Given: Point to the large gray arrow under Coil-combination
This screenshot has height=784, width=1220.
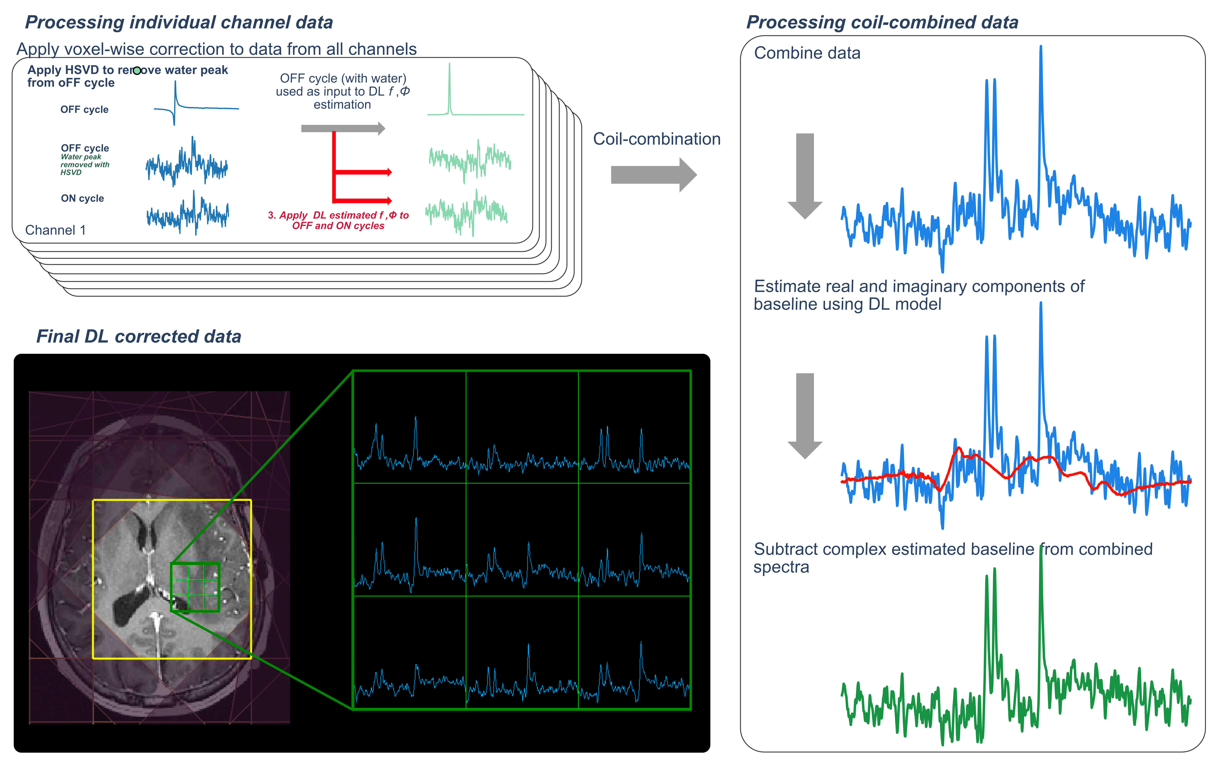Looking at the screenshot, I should click(x=653, y=175).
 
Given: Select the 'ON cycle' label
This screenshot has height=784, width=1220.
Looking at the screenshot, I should click(x=82, y=199).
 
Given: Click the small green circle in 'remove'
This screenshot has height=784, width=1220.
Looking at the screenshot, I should click(x=137, y=71).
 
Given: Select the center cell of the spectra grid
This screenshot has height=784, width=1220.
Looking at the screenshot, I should click(x=522, y=540).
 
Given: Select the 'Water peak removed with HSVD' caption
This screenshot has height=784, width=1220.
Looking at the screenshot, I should click(x=85, y=164).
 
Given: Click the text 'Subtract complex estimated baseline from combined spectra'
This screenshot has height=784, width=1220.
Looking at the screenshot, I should click(x=952, y=557).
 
